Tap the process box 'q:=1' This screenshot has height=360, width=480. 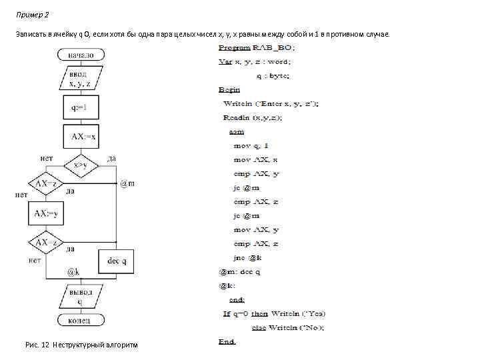(x=80, y=107)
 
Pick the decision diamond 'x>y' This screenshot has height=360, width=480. (x=81, y=165)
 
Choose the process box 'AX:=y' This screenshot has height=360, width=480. (x=45, y=213)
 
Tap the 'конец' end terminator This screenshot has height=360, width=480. (x=80, y=320)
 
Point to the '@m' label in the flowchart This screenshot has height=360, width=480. (x=127, y=183)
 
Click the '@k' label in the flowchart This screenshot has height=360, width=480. (x=74, y=272)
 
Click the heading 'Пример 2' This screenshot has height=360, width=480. (x=33, y=15)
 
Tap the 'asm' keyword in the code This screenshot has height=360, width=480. (x=236, y=131)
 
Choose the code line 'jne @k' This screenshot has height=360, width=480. (x=248, y=257)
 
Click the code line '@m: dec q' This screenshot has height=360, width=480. (x=240, y=271)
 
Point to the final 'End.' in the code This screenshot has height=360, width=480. (x=227, y=341)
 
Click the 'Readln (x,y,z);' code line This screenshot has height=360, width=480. (x=253, y=117)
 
